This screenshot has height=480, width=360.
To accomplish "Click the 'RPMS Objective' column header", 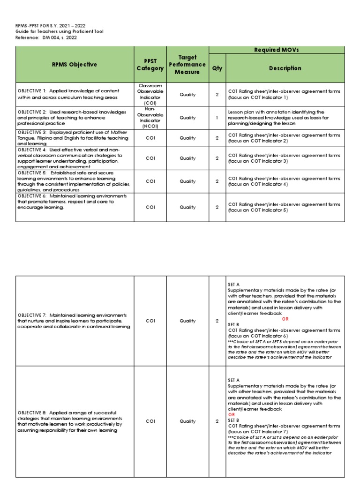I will pos(75,65).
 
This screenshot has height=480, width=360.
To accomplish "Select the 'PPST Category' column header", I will pos(150,65).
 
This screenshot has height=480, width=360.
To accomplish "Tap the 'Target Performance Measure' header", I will pos(187,65).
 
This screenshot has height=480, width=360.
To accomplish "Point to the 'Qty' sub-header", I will pos(217,68).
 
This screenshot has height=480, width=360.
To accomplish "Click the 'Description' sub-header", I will pos(285,68).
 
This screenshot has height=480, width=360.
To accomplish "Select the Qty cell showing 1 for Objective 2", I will pos(217,118).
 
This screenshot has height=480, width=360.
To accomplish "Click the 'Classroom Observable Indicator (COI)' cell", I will pos(150,95).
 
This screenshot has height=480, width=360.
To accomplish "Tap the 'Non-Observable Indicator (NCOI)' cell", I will pos(150,118).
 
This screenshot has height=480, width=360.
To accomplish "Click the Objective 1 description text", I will pos(68,94).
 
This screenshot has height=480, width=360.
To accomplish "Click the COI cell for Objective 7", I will pos(150,321).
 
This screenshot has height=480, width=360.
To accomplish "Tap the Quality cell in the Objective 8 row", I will pos(187,421).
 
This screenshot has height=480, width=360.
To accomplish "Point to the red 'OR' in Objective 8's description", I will pos(231,415).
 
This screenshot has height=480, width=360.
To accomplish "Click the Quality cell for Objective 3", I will pos(187,138).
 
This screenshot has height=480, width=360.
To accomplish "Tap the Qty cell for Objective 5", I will pos(217,181).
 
